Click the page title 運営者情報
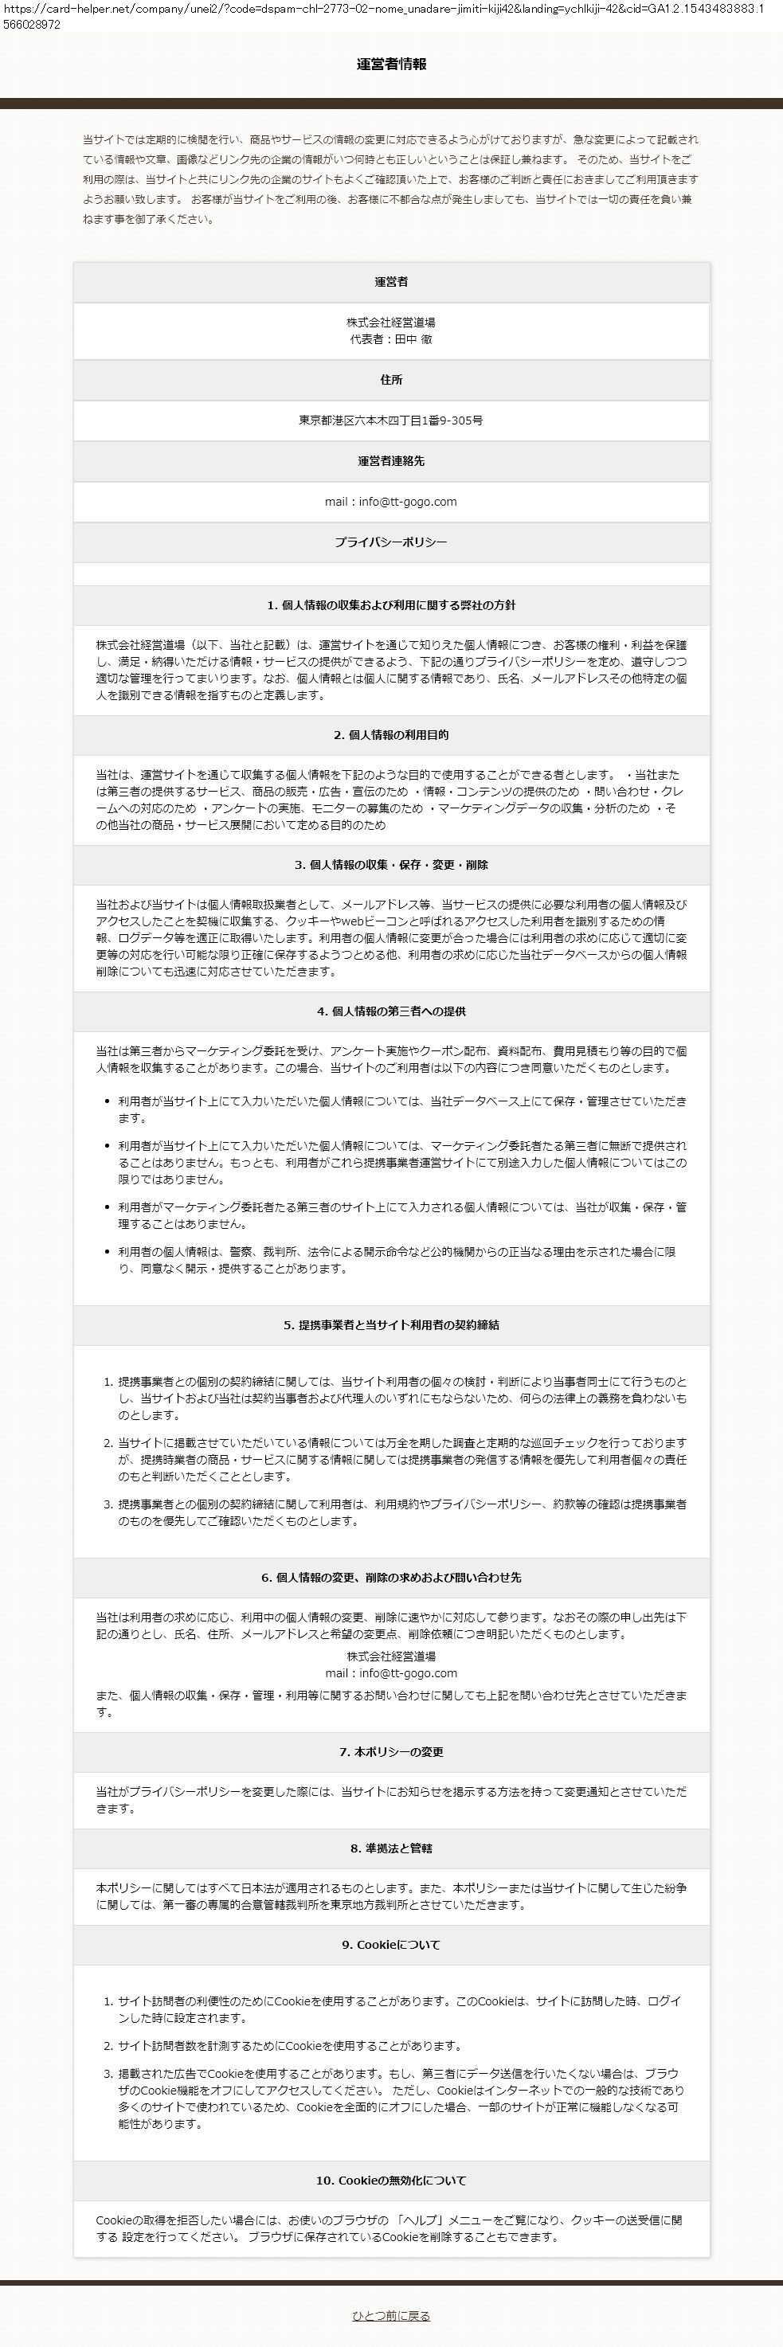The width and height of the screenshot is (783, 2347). point(391,65)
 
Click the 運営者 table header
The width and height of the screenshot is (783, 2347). point(391,283)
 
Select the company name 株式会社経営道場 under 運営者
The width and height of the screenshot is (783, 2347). point(391,323)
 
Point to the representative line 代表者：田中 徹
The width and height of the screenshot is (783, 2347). point(391,339)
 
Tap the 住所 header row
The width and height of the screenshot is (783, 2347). point(391,380)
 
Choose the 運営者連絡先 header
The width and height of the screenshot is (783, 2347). point(391,461)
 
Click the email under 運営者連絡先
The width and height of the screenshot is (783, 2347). point(391,502)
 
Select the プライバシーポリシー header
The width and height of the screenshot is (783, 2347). point(391,542)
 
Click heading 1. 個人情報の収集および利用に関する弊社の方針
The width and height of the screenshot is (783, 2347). point(391,606)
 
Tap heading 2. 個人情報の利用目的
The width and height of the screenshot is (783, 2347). point(391,735)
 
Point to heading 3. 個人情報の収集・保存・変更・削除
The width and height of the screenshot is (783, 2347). point(391,866)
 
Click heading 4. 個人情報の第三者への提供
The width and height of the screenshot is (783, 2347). point(391,1011)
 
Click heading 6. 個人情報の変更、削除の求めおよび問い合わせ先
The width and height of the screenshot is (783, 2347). point(391,1578)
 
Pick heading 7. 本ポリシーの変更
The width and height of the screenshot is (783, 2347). point(391,1752)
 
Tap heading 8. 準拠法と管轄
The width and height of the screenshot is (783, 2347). point(391,1848)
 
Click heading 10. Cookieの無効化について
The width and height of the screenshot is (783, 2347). point(391,2181)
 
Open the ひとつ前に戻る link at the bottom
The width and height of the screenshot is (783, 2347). point(391,2316)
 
